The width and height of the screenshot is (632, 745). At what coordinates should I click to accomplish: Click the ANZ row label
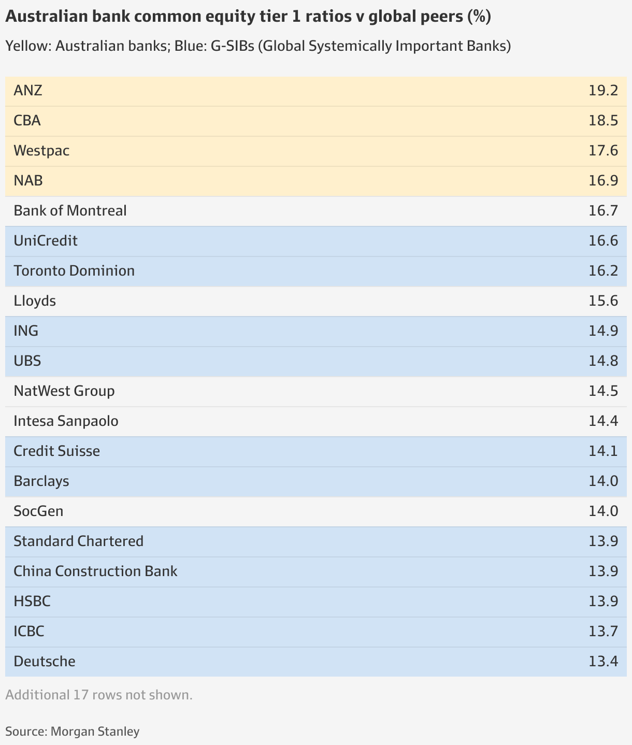[x=28, y=91]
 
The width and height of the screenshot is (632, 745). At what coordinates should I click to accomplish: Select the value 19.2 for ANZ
[x=603, y=91]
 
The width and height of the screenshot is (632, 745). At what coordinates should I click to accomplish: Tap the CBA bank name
[x=27, y=121]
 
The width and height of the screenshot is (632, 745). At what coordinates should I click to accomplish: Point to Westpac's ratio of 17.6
[x=603, y=151]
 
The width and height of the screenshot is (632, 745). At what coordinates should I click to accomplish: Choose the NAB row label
[x=28, y=181]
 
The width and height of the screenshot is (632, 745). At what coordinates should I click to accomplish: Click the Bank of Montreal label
[x=70, y=211]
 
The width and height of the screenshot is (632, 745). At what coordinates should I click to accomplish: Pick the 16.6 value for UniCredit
[x=603, y=241]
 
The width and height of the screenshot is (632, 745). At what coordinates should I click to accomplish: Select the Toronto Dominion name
[x=74, y=271]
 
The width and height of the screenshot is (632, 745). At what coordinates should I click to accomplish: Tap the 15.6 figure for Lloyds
[x=603, y=301]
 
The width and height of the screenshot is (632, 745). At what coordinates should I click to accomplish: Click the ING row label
[x=26, y=331]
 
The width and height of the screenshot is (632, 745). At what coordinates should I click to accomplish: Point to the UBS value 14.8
[x=603, y=361]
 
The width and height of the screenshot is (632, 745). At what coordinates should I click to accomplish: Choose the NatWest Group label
[x=64, y=391]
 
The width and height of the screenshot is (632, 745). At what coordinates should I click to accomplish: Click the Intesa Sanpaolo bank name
[x=66, y=421]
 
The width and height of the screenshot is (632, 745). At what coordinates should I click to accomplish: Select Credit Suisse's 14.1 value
[x=603, y=451]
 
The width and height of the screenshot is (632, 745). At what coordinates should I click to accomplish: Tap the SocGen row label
[x=38, y=511]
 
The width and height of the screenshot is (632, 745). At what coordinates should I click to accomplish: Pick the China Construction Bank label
[x=95, y=571]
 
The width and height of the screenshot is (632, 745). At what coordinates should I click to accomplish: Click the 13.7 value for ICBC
[x=603, y=632]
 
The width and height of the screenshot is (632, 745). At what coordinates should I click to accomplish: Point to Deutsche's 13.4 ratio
[x=603, y=662]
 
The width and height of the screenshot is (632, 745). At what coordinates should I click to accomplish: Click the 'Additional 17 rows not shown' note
[x=99, y=695]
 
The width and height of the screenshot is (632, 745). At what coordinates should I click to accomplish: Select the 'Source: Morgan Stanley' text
[x=73, y=732]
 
